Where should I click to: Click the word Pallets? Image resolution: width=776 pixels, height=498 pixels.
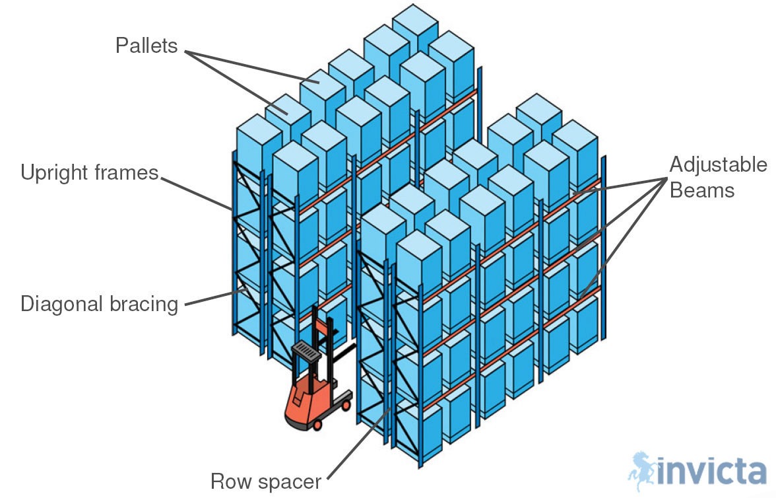tap(146, 46)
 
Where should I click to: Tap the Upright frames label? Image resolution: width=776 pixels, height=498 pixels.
tap(90, 173)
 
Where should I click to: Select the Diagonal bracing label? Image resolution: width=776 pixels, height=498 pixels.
tap(100, 304)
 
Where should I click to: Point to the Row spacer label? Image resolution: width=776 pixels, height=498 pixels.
tap(266, 481)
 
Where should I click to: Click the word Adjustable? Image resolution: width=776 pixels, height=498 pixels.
tap(719, 164)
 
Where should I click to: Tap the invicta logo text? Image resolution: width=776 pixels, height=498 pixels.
tap(712, 473)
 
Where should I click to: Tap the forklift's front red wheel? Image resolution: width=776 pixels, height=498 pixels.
tap(317, 425)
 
